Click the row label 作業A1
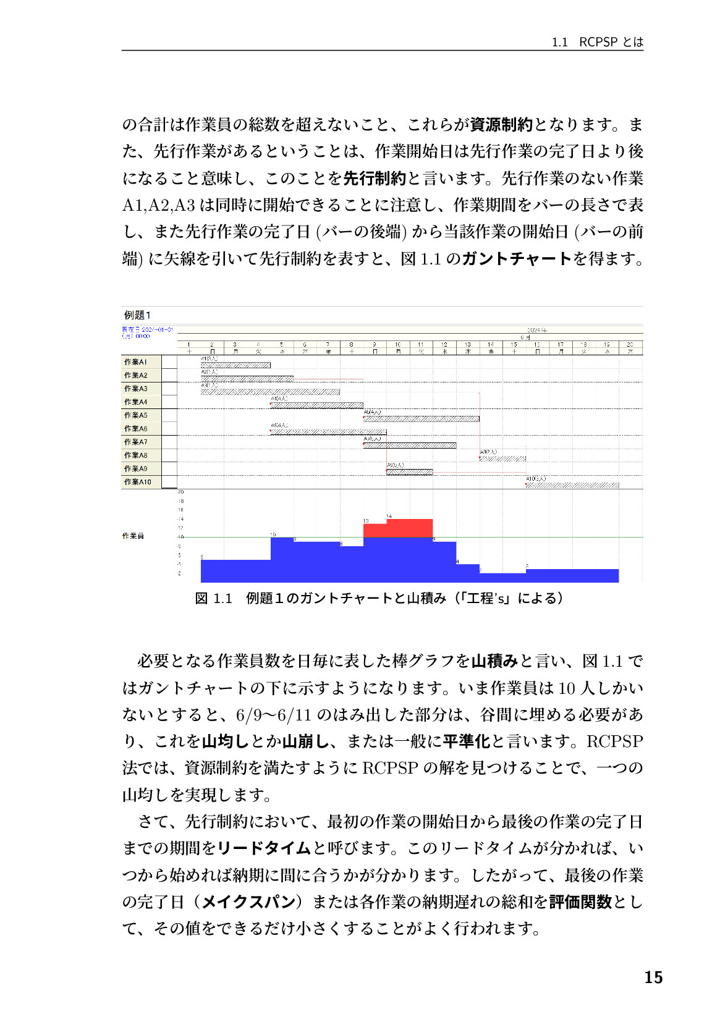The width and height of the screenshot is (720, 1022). [x=135, y=362]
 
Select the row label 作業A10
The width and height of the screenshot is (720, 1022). [x=137, y=482]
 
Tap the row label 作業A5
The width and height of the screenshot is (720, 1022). [x=135, y=415]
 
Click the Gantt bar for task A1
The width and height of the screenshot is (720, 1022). [x=235, y=365]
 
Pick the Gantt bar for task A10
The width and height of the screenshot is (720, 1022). [x=572, y=486]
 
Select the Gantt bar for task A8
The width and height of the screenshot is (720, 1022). [x=502, y=459]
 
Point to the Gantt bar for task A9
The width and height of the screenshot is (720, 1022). [x=409, y=472]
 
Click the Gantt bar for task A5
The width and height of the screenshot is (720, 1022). [x=421, y=419]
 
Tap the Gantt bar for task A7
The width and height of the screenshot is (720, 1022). [x=409, y=446]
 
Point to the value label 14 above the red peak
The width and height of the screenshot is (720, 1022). [x=389, y=516]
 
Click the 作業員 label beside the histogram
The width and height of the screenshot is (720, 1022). [x=133, y=536]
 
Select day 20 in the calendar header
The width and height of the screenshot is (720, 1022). [x=630, y=345]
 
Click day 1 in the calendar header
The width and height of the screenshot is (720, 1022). [x=188, y=345]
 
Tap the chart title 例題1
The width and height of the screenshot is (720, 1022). [x=137, y=315]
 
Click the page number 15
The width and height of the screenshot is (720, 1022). [x=653, y=977]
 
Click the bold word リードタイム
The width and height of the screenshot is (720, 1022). [x=264, y=848]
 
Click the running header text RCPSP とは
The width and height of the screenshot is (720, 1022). [x=611, y=42]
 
